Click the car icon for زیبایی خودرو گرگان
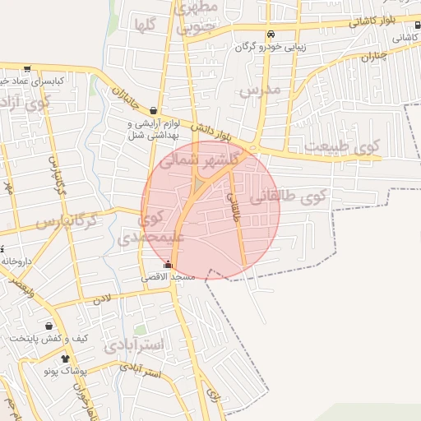click(271, 34)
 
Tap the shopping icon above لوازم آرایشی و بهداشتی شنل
click(154, 110)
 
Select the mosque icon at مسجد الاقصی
click(169, 265)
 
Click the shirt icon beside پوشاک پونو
click(65, 359)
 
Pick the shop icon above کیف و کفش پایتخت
click(49, 326)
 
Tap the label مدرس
click(260, 90)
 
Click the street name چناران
click(372, 56)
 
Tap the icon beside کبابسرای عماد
click(27, 69)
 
